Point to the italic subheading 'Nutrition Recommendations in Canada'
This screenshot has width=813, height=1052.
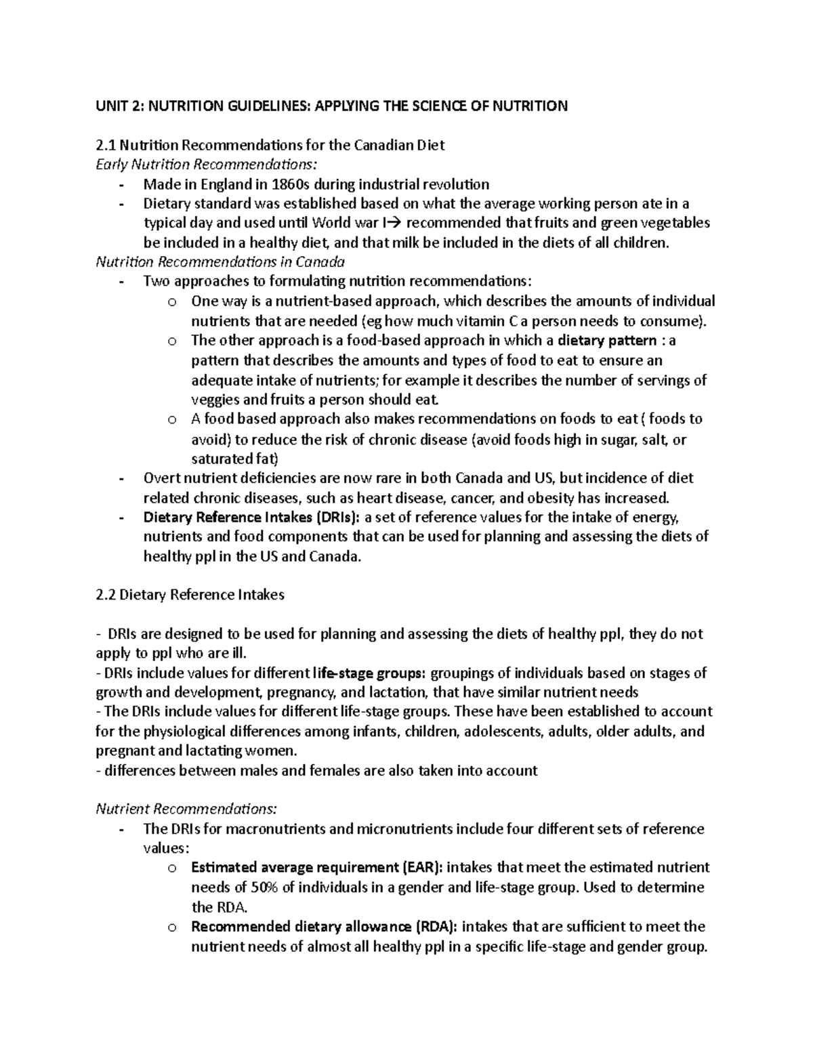(220, 261)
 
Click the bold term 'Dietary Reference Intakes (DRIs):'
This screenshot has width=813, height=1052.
(251, 518)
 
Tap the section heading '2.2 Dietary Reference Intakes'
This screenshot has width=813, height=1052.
(190, 595)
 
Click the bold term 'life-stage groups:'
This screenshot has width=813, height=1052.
(370, 673)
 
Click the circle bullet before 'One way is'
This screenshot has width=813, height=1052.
(172, 302)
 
